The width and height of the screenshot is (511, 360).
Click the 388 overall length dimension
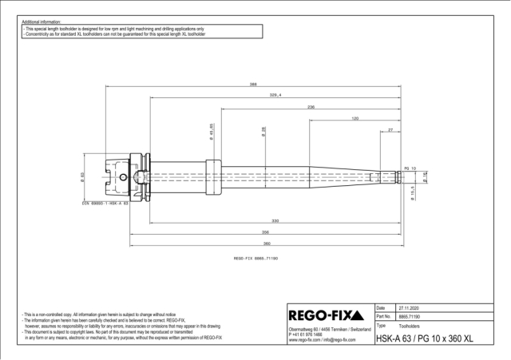point(252,85)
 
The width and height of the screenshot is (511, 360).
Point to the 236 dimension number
point(311,106)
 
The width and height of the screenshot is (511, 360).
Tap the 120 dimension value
point(354,117)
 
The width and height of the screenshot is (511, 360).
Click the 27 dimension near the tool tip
point(390,129)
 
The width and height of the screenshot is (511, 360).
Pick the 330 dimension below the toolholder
point(274,220)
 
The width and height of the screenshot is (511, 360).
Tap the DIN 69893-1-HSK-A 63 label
point(105,204)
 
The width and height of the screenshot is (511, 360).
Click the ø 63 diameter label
point(84,176)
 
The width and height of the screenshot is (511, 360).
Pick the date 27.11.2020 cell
point(414,307)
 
